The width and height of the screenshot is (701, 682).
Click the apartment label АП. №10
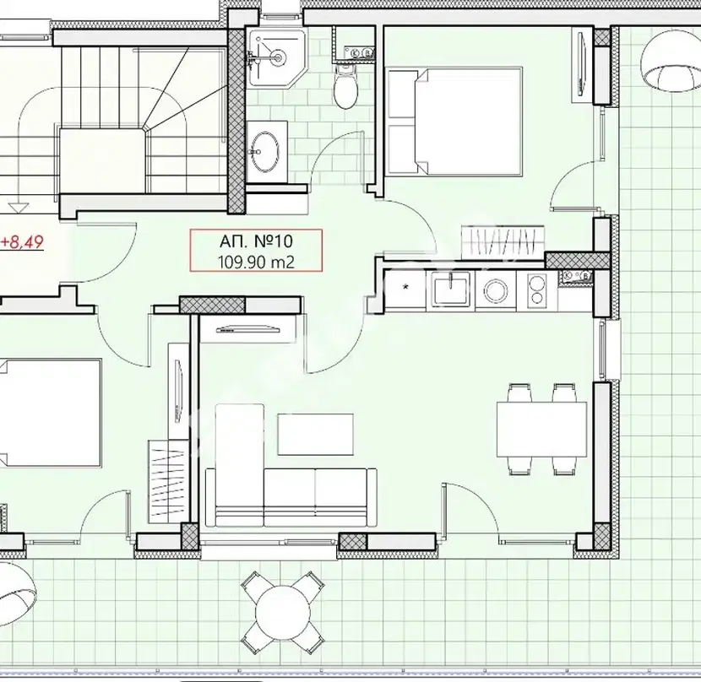pos(256,241)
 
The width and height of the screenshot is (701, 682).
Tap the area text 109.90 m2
pos(256,262)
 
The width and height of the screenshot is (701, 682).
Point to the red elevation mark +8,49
pos(22,243)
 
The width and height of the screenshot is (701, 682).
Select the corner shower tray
pos(277,57)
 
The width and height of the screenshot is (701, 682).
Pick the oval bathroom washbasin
pos(264,151)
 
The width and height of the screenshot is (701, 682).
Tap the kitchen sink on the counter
pos(450,291)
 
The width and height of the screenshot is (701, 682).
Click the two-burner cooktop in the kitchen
pos(536,290)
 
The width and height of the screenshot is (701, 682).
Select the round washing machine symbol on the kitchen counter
pos(496,291)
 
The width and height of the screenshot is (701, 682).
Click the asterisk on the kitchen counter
pos(406,287)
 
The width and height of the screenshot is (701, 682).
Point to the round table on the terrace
pos(283,610)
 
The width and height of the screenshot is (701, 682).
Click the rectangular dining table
pos(542,429)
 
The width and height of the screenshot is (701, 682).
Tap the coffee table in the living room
pos(316,435)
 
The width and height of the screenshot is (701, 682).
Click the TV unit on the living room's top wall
pos(247,329)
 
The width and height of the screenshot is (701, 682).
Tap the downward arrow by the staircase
pos(19,208)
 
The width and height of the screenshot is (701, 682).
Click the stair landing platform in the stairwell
pos(102,160)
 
